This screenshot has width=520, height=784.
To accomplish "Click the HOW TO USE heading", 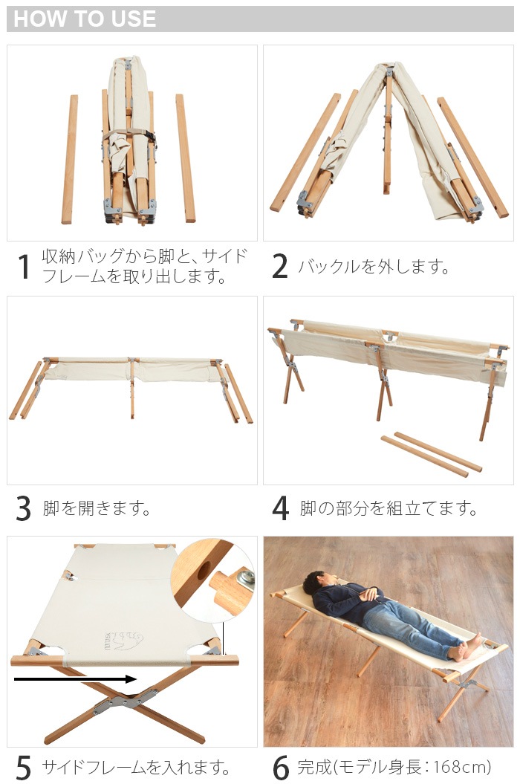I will point(85,19).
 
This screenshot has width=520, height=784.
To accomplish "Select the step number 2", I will point(279,267).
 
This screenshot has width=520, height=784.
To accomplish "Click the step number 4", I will point(280,509).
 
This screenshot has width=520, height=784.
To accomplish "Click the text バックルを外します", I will point(374,267).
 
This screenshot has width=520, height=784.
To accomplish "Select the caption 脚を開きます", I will point(97,509).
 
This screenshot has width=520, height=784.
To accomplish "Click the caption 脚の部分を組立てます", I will point(389,509).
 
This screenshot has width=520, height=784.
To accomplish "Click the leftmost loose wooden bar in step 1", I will point(70,159).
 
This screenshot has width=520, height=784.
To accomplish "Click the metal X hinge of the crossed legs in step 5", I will point(123,702).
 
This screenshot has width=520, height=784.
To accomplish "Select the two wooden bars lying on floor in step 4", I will point(432,454).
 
